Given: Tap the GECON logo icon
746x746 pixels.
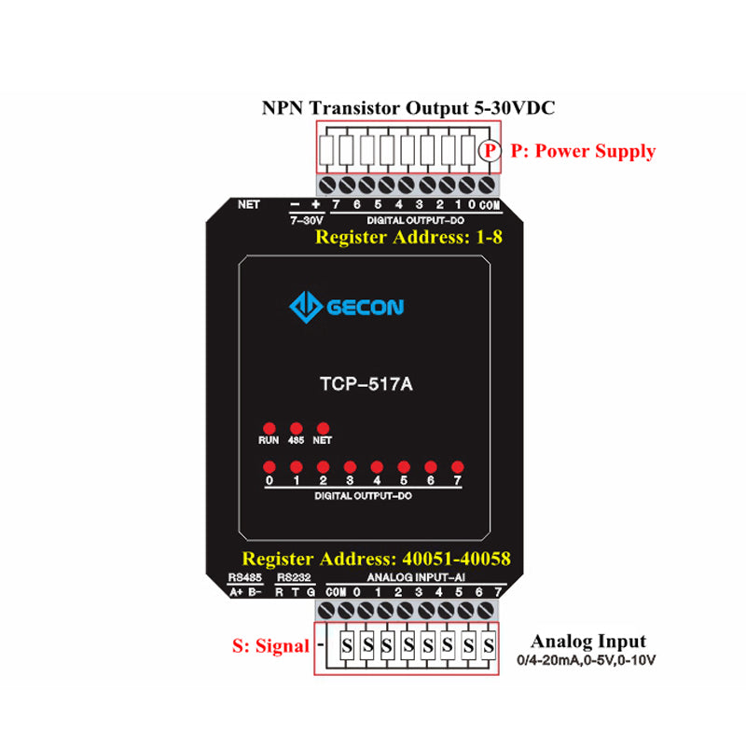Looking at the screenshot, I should click(x=305, y=306).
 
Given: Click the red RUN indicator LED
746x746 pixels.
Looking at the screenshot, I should click(x=269, y=427).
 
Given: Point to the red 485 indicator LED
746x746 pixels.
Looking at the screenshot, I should click(x=296, y=427).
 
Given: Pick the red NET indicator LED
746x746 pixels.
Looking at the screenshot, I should click(x=323, y=427).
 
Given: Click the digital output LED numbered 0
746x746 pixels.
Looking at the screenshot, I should click(x=269, y=466).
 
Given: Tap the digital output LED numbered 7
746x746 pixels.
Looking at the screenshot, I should click(x=458, y=466).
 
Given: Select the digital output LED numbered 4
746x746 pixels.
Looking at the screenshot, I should click(x=377, y=466).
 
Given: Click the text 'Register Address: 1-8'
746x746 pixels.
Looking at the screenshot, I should click(x=409, y=237).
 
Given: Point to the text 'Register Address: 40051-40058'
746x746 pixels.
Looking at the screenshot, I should click(x=376, y=559).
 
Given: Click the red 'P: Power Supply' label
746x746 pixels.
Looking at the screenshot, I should click(x=583, y=151).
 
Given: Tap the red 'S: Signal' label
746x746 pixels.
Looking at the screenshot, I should click(x=270, y=645).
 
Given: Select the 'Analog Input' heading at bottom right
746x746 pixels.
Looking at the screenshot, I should click(x=588, y=642).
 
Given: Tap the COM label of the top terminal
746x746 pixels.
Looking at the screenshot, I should click(x=491, y=204).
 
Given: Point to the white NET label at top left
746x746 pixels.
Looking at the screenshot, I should click(x=249, y=203).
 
